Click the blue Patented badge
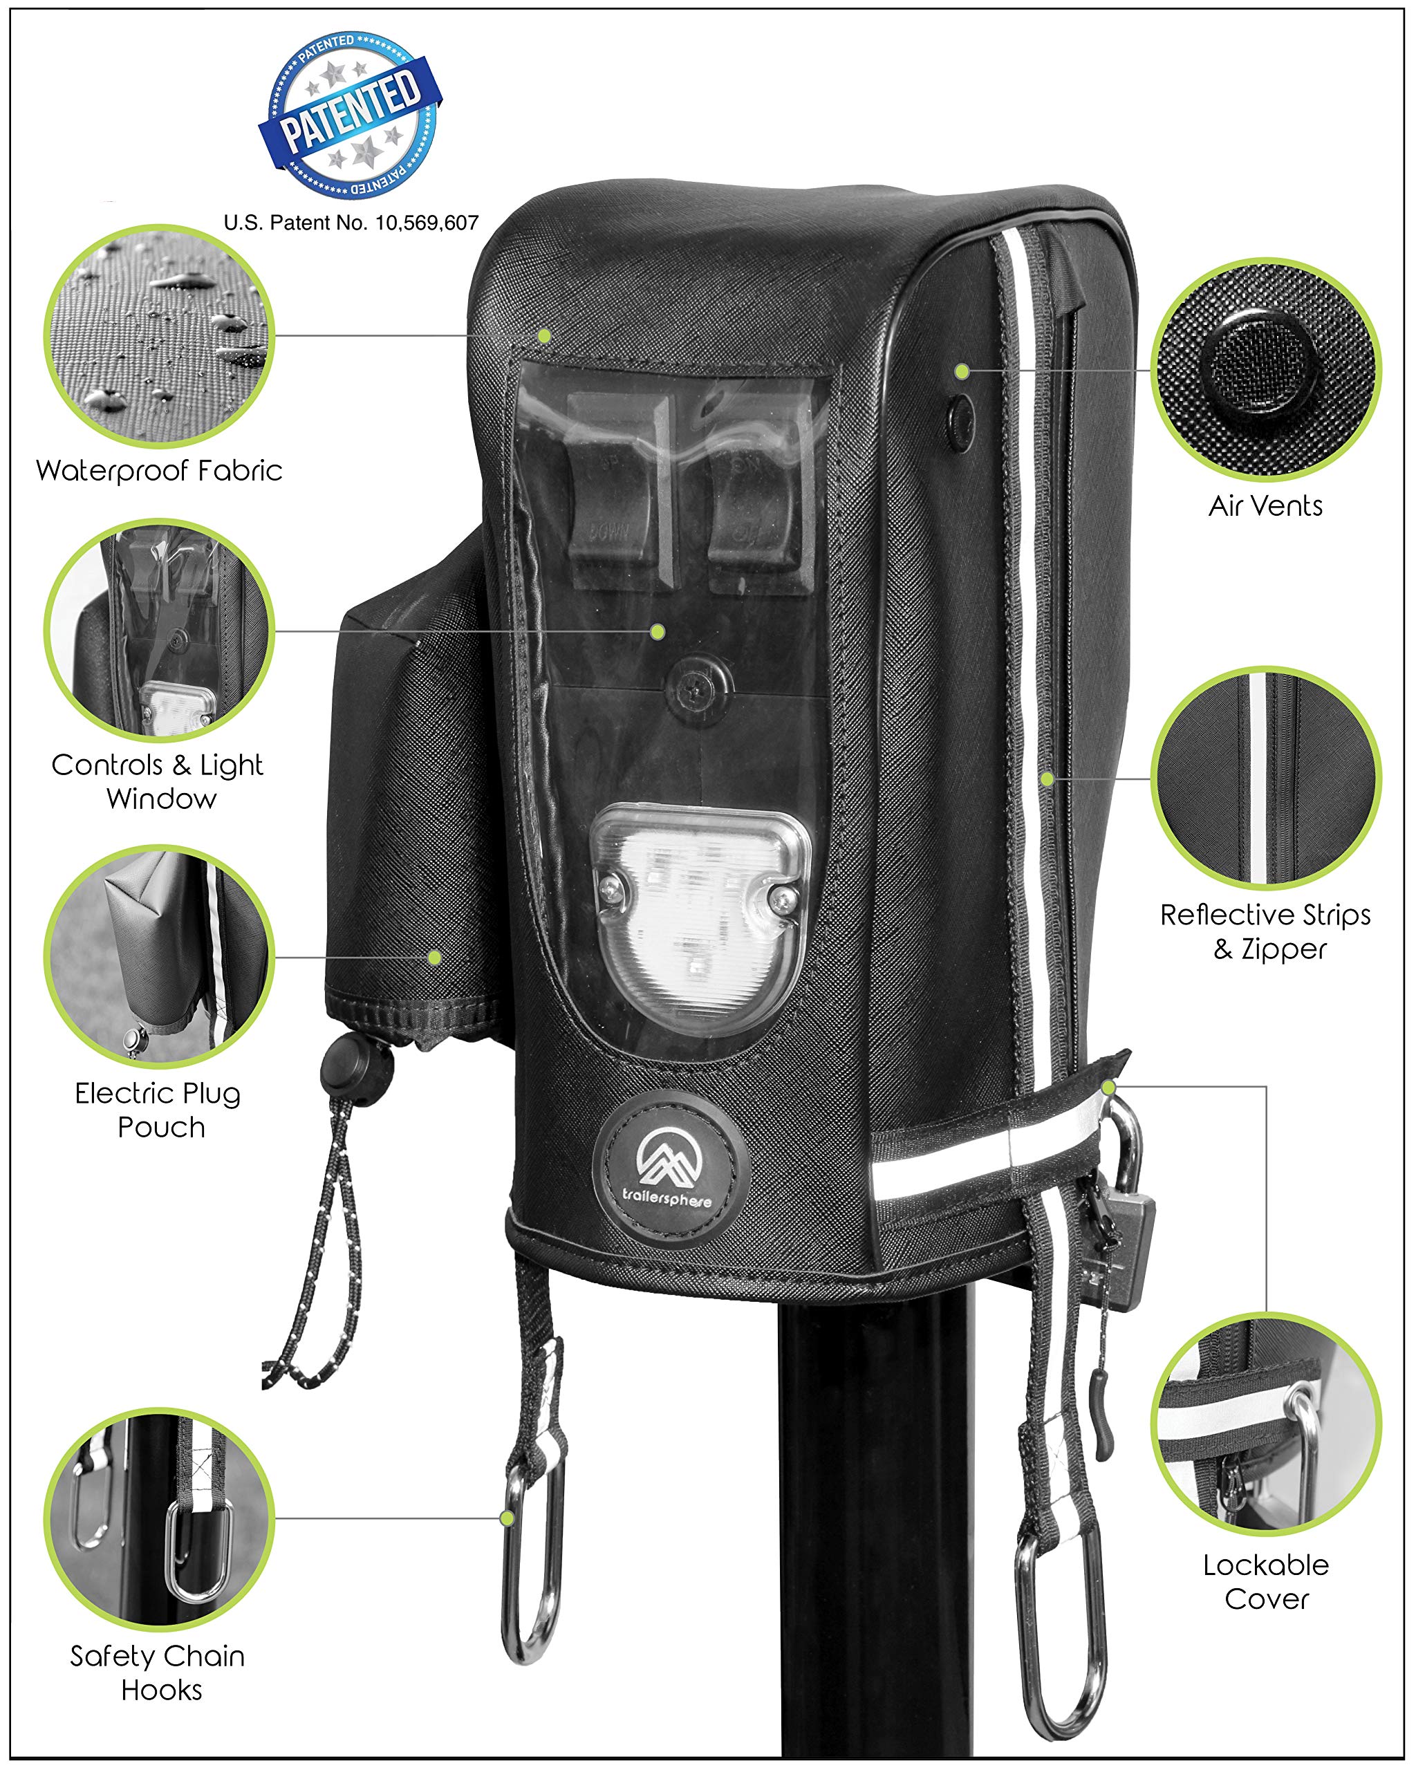point(351,115)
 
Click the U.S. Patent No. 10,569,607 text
point(351,223)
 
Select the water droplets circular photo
point(159,337)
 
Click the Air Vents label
point(1265,505)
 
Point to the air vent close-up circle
point(1265,369)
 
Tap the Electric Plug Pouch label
point(159,1109)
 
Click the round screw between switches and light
point(698,683)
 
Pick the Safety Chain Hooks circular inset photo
point(159,1519)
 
